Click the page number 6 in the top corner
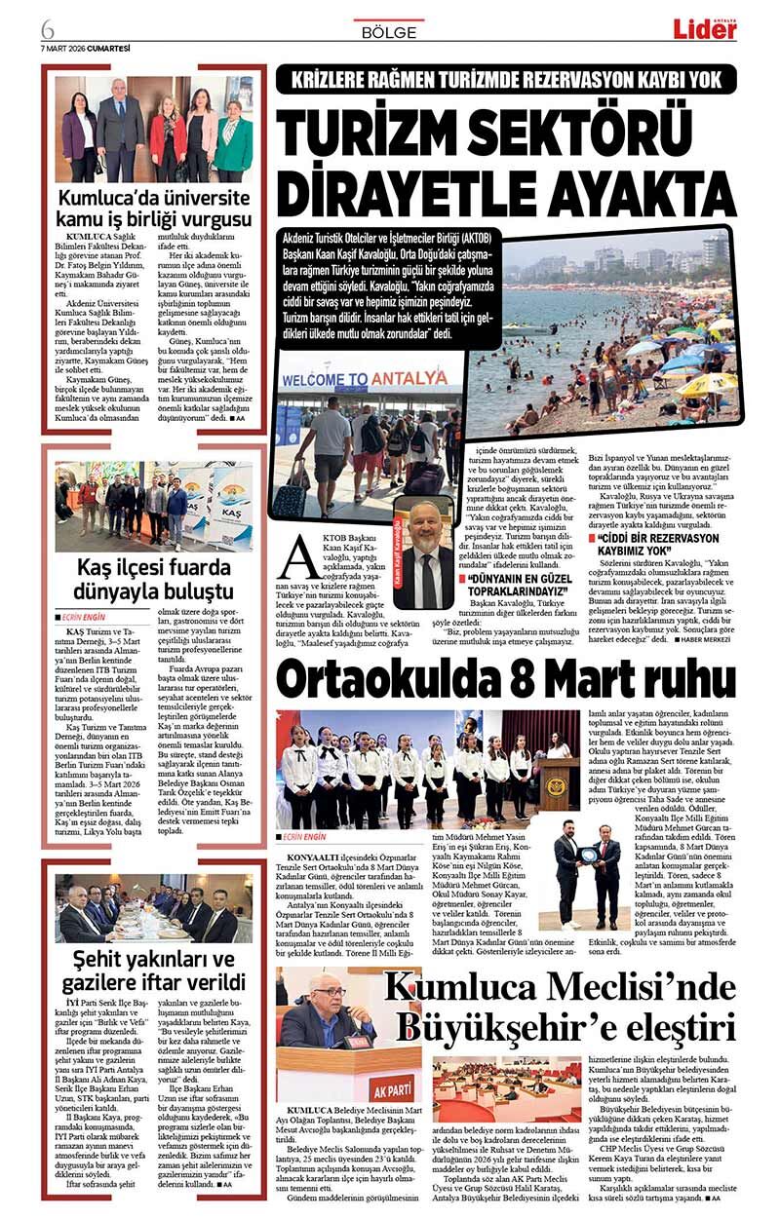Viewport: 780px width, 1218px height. (47, 27)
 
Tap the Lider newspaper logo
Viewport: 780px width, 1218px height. (704, 29)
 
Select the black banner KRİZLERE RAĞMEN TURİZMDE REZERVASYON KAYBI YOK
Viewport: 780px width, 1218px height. (505, 79)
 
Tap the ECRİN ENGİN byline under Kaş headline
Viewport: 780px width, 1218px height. (90, 617)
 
